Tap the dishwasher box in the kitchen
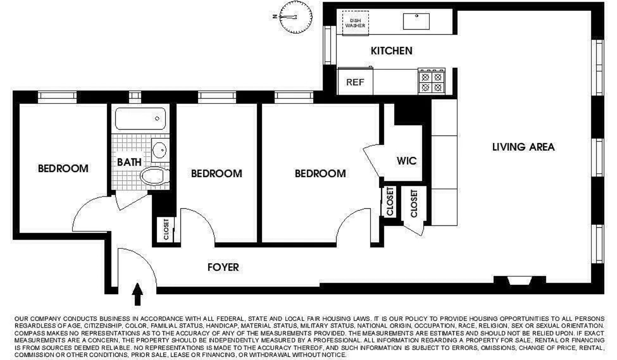(355, 22)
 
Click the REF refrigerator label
(355, 83)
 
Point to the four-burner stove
(431, 82)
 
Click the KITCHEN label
(391, 50)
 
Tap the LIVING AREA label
(523, 147)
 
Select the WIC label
(406, 161)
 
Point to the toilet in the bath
(153, 176)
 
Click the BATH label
(130, 162)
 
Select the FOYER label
(223, 267)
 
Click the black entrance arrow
(138, 295)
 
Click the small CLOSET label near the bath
(167, 229)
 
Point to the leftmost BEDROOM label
(63, 169)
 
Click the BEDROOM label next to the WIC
(320, 173)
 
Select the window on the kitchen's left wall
(328, 45)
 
